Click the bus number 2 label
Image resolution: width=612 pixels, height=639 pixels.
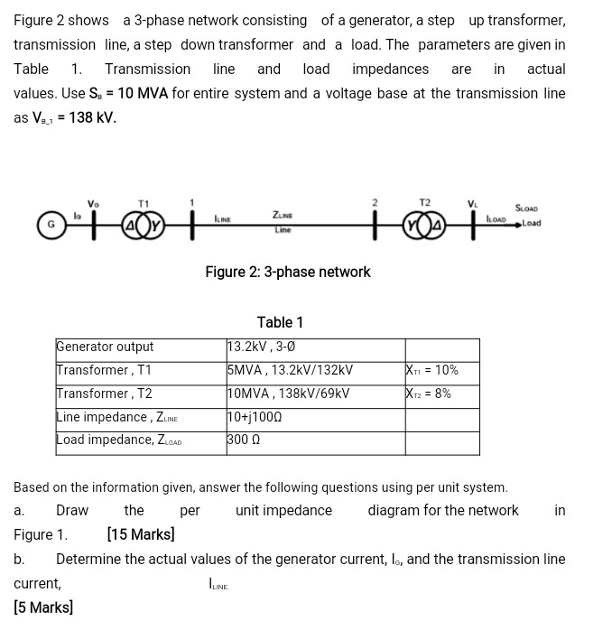[x=375, y=200]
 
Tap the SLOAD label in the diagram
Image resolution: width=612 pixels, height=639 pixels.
[x=526, y=208]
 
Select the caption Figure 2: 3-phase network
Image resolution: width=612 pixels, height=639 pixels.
[x=287, y=272]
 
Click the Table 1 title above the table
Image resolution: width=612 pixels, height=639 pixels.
[x=280, y=322]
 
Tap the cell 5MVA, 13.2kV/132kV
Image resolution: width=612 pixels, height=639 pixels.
[x=290, y=370]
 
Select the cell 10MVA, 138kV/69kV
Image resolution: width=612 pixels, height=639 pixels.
[x=288, y=394]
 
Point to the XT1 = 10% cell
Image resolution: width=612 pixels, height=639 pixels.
[x=432, y=370]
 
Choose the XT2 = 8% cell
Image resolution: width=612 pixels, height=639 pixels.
[x=429, y=394]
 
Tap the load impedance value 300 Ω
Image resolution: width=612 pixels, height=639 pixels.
[x=245, y=440]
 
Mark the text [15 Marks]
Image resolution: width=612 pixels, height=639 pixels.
[x=140, y=534]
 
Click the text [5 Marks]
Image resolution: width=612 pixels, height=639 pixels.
[x=43, y=607]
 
